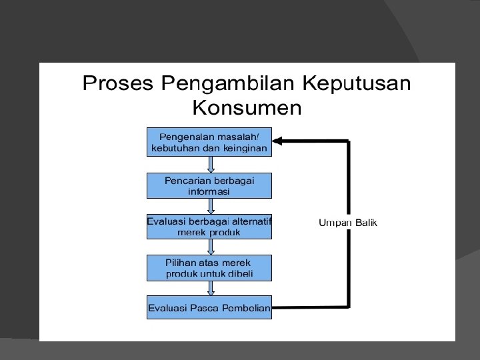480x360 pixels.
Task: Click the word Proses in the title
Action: tap(117, 84)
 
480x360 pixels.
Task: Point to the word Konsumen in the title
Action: tap(247, 107)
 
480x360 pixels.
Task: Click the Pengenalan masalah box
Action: tap(209, 141)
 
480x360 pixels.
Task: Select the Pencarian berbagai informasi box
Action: tap(209, 185)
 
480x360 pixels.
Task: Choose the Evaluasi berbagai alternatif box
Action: tap(209, 227)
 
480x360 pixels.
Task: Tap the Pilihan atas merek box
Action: tap(209, 268)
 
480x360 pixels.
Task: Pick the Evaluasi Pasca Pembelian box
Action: tap(209, 307)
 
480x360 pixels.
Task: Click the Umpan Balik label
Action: tap(348, 223)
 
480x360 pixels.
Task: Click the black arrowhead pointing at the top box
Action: tap(279, 141)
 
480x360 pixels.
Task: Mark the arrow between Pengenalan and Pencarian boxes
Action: tap(211, 165)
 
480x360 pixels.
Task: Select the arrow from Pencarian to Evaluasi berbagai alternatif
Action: tap(211, 206)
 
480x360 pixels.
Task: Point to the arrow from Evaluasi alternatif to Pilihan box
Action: tap(211, 247)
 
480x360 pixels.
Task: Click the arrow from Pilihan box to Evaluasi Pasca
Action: tap(211, 288)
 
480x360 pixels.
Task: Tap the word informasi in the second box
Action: tap(209, 191)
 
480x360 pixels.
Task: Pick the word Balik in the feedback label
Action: tap(365, 223)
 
